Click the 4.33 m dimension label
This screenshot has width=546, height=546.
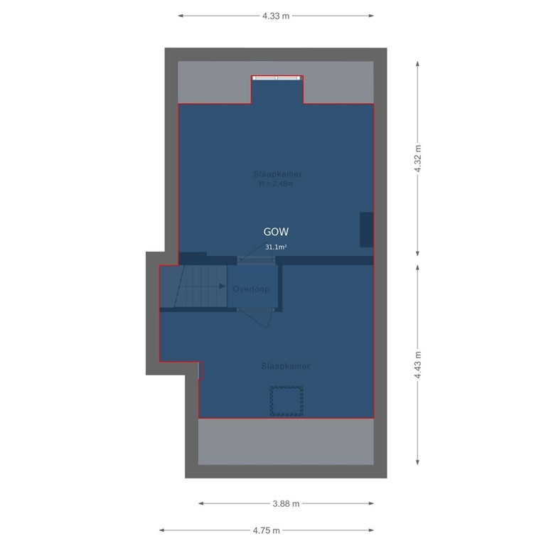[276, 16]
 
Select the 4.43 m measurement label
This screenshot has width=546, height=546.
[418, 365]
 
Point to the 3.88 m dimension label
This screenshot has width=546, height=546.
[286, 503]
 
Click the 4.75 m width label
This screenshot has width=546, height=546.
[266, 530]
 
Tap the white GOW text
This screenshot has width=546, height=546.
[276, 232]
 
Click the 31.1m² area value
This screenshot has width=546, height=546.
[276, 247]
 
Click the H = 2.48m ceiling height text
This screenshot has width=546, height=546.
[276, 183]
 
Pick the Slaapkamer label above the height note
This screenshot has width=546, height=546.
[277, 174]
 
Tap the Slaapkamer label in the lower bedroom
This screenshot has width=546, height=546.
[285, 366]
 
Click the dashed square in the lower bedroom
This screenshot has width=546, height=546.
[286, 401]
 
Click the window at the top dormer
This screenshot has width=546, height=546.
[277, 77]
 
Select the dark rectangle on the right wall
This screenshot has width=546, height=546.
[366, 230]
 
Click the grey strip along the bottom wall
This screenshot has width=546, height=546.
[286, 441]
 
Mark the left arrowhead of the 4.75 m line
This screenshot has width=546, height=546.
[161, 530]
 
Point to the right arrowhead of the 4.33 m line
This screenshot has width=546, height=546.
[372, 16]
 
